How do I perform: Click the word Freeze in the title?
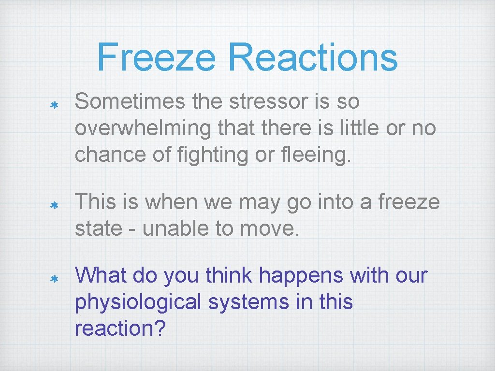click(x=156, y=57)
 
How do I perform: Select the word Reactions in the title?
click(x=313, y=57)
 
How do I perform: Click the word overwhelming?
click(x=143, y=128)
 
